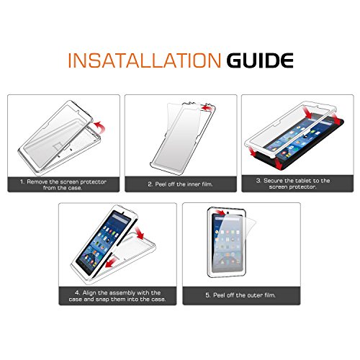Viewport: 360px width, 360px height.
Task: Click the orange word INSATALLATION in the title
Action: tap(145, 60)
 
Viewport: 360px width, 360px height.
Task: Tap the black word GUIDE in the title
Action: tap(260, 60)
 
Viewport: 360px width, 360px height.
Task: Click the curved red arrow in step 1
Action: tap(100, 127)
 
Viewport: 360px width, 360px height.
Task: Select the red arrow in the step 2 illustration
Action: tap(207, 107)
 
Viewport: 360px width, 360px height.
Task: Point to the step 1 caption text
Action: tap(63, 185)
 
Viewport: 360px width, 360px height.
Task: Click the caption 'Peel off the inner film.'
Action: tap(180, 184)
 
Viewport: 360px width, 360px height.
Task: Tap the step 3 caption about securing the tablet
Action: tap(293, 184)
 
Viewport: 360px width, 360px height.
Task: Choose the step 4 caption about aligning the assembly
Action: tap(117, 296)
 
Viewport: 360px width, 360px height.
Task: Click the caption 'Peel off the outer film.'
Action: tap(240, 295)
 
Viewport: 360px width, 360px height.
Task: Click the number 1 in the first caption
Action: tap(22, 182)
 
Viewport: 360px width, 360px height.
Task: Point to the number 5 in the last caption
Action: tap(207, 295)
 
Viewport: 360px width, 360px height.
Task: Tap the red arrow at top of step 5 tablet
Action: tap(220, 212)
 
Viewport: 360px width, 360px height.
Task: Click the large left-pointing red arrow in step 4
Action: tap(112, 261)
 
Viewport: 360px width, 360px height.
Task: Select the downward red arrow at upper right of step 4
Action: tap(140, 233)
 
